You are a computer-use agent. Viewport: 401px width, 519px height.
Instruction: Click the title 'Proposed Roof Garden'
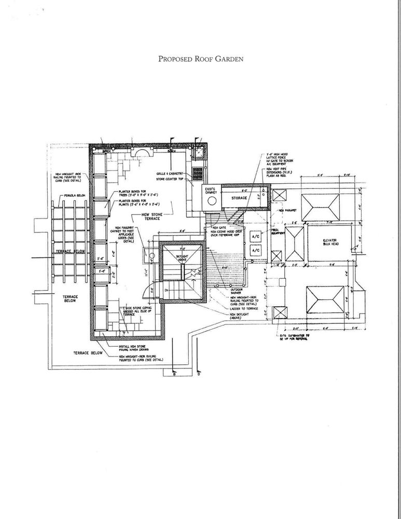point(200,59)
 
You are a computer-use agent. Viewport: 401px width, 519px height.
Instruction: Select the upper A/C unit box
point(255,236)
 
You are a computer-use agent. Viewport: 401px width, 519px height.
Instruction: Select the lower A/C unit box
point(255,251)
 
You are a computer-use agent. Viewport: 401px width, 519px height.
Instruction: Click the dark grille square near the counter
point(197,172)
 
